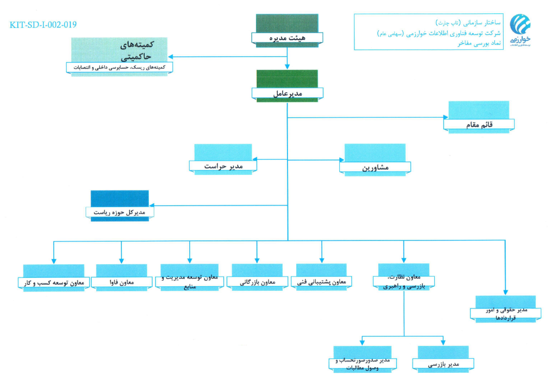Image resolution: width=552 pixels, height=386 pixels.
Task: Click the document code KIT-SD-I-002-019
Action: tap(43, 24)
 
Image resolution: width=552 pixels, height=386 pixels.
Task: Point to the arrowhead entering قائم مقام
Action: tap(445, 117)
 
